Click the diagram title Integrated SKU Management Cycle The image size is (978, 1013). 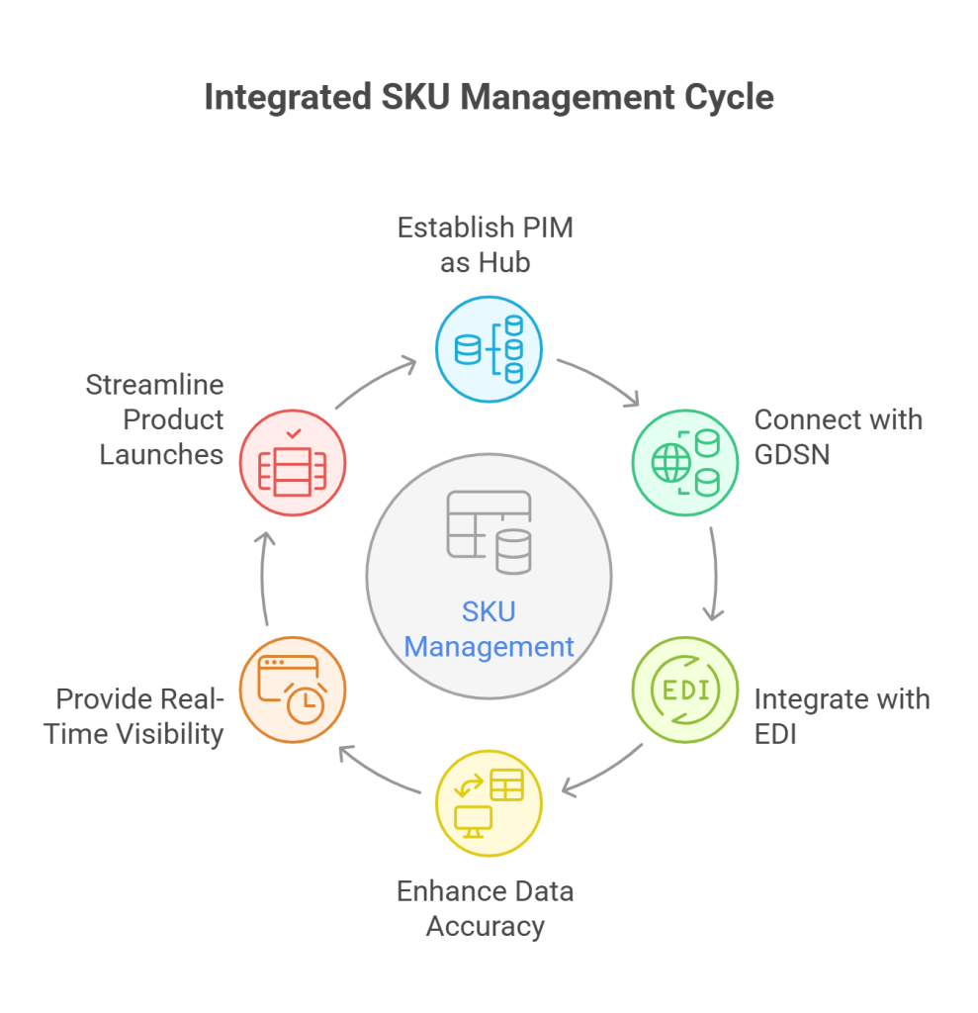[489, 99]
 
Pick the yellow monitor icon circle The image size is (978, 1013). [489, 803]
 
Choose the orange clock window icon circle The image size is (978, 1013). [293, 691]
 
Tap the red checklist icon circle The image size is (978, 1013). [293, 463]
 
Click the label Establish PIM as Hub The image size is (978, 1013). [485, 245]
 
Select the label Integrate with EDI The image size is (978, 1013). [842, 716]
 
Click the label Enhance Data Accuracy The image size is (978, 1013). [485, 908]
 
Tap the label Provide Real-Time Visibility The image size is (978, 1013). [139, 716]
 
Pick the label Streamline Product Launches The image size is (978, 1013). [154, 419]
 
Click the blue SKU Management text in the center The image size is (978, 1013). [489, 629]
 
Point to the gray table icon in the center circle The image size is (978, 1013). [489, 532]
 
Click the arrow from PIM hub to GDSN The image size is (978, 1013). [599, 380]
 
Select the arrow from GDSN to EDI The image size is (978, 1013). [714, 574]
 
